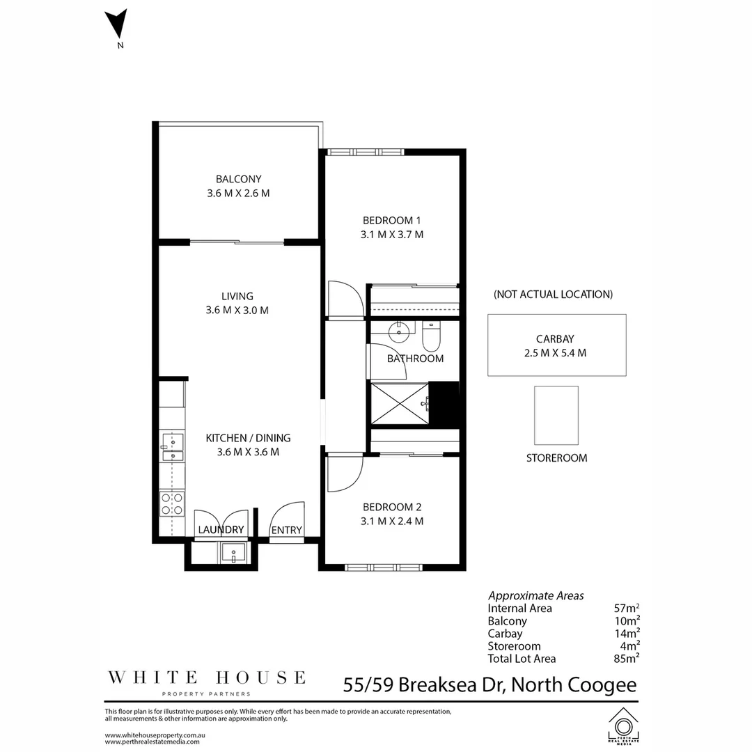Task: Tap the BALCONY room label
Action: tap(238, 179)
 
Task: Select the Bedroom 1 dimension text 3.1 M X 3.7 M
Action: tap(392, 235)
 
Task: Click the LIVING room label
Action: tap(237, 296)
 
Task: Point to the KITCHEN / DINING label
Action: tap(248, 438)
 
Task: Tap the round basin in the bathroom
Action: tap(400, 331)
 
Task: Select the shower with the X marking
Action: tap(399, 402)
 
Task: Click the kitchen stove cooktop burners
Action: tap(172, 504)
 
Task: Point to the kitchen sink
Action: tap(173, 447)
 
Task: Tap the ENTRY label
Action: tap(286, 530)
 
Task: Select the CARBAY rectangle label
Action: tap(556, 339)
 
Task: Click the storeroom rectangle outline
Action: tap(556, 416)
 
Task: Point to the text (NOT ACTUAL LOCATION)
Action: tap(553, 294)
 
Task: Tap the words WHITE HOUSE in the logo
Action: tap(206, 677)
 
